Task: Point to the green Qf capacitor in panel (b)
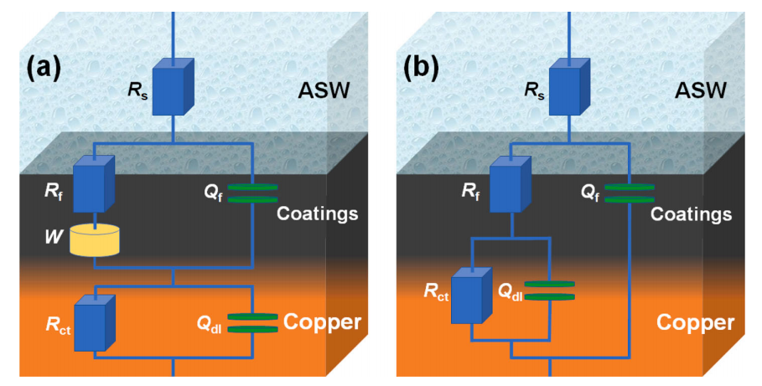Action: click(629, 193)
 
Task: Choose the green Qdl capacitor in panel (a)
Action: click(252, 323)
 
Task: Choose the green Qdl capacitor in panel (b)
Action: click(550, 291)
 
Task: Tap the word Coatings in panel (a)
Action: click(319, 214)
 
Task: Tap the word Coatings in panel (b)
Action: click(692, 214)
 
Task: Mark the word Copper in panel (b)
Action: click(695, 322)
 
